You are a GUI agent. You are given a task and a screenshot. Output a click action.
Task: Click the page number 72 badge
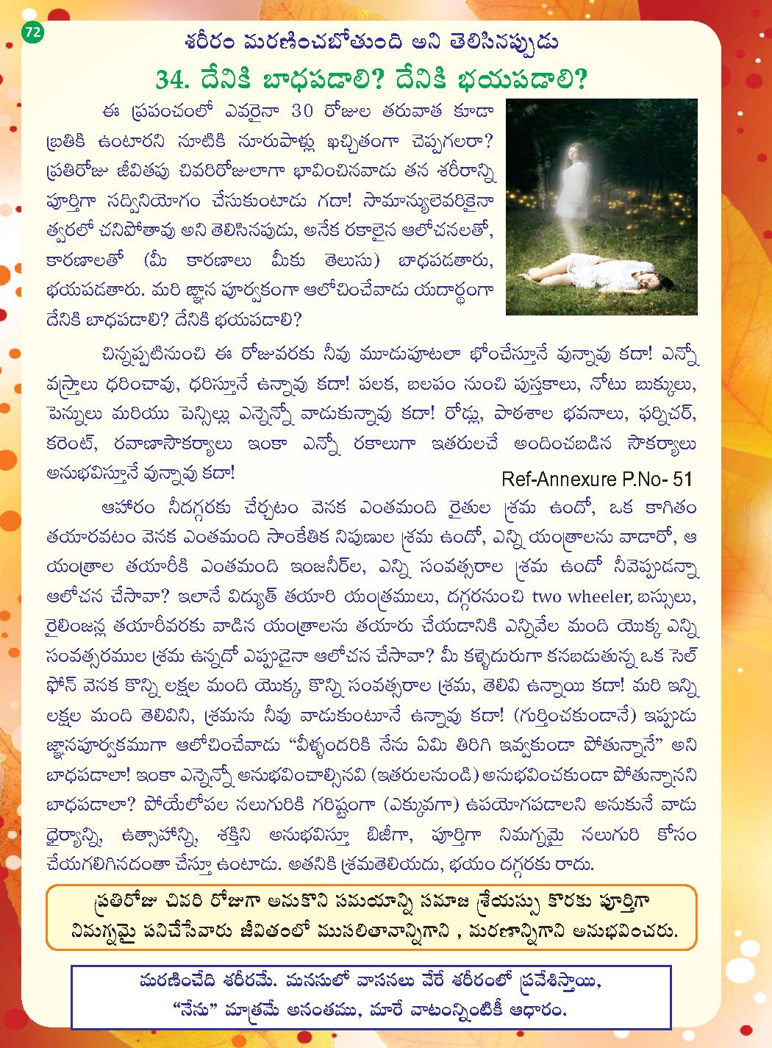(x=33, y=32)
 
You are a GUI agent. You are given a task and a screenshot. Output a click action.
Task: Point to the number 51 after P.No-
(x=681, y=479)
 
